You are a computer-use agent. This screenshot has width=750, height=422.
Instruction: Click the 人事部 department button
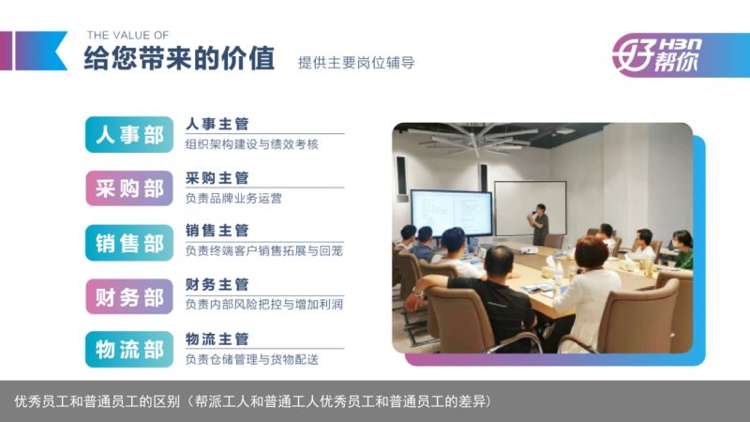[x=129, y=134]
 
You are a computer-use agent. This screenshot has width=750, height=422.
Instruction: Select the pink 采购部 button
[x=129, y=188]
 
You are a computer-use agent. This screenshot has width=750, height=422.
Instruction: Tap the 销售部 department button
[x=129, y=243]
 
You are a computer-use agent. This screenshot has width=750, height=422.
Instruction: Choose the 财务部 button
[x=129, y=296]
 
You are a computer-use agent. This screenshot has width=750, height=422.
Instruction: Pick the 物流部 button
[x=129, y=349]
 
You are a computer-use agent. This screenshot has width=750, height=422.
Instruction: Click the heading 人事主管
[x=217, y=125]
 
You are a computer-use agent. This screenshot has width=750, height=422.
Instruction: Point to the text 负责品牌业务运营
[x=233, y=198]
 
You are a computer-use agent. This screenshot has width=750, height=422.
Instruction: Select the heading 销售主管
[x=217, y=231]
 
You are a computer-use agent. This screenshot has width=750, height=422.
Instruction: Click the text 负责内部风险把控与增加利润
[x=264, y=304]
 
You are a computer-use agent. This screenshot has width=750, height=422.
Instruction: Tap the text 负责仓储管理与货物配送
[x=252, y=359]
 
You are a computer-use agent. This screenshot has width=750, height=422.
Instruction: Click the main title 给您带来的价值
[x=179, y=58]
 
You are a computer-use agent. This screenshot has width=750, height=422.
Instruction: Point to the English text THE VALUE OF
[x=127, y=35]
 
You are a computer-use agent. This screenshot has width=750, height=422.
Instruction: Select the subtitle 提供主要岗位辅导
[x=356, y=63]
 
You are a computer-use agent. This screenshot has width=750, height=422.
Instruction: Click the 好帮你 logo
[x=657, y=55]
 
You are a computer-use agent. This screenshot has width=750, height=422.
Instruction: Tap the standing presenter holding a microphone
[x=540, y=224]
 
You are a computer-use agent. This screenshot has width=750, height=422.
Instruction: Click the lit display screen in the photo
[x=452, y=214]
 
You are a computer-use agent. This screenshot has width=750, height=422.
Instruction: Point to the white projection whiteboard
[x=530, y=208]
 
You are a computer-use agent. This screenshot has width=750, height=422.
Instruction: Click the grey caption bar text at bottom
[x=253, y=401]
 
